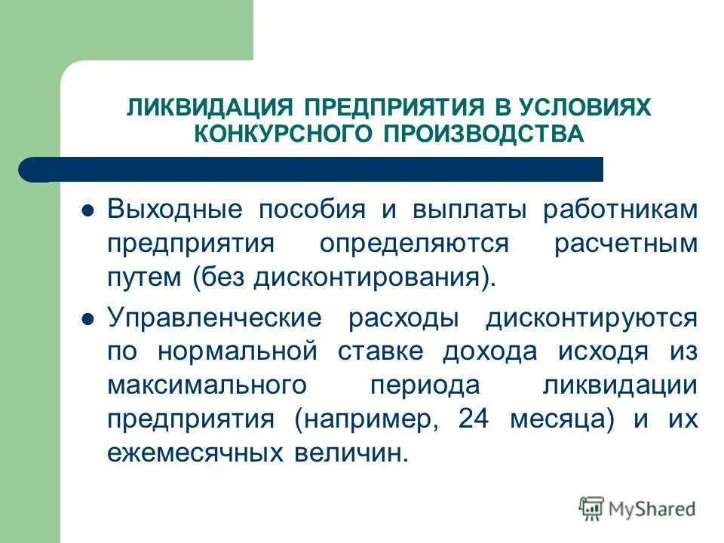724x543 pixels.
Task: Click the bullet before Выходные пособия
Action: coord(87,210)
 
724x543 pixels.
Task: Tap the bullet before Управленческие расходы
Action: coord(87,319)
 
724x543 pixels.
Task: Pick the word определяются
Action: coord(414,244)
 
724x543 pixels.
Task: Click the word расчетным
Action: coord(626,244)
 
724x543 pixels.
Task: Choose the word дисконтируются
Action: coord(591,318)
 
